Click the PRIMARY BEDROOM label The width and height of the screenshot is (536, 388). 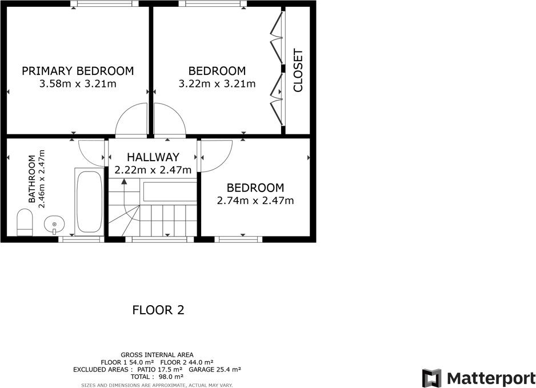(78, 71)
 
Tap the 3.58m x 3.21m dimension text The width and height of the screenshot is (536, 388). (78, 84)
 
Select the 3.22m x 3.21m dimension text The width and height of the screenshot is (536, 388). (217, 84)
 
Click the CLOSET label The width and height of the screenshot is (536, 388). (298, 71)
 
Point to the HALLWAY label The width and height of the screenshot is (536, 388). (153, 157)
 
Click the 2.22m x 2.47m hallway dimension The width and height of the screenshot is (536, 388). (153, 170)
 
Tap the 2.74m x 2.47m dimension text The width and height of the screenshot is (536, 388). (255, 201)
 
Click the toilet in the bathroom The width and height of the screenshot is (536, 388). (25, 222)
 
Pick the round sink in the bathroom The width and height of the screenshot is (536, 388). (54, 223)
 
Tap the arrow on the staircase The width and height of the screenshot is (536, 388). (124, 183)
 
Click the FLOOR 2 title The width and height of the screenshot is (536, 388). (158, 310)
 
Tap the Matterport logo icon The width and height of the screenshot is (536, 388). (431, 378)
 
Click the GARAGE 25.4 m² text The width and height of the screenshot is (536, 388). (215, 370)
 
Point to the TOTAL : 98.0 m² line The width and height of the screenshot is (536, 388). (157, 377)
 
